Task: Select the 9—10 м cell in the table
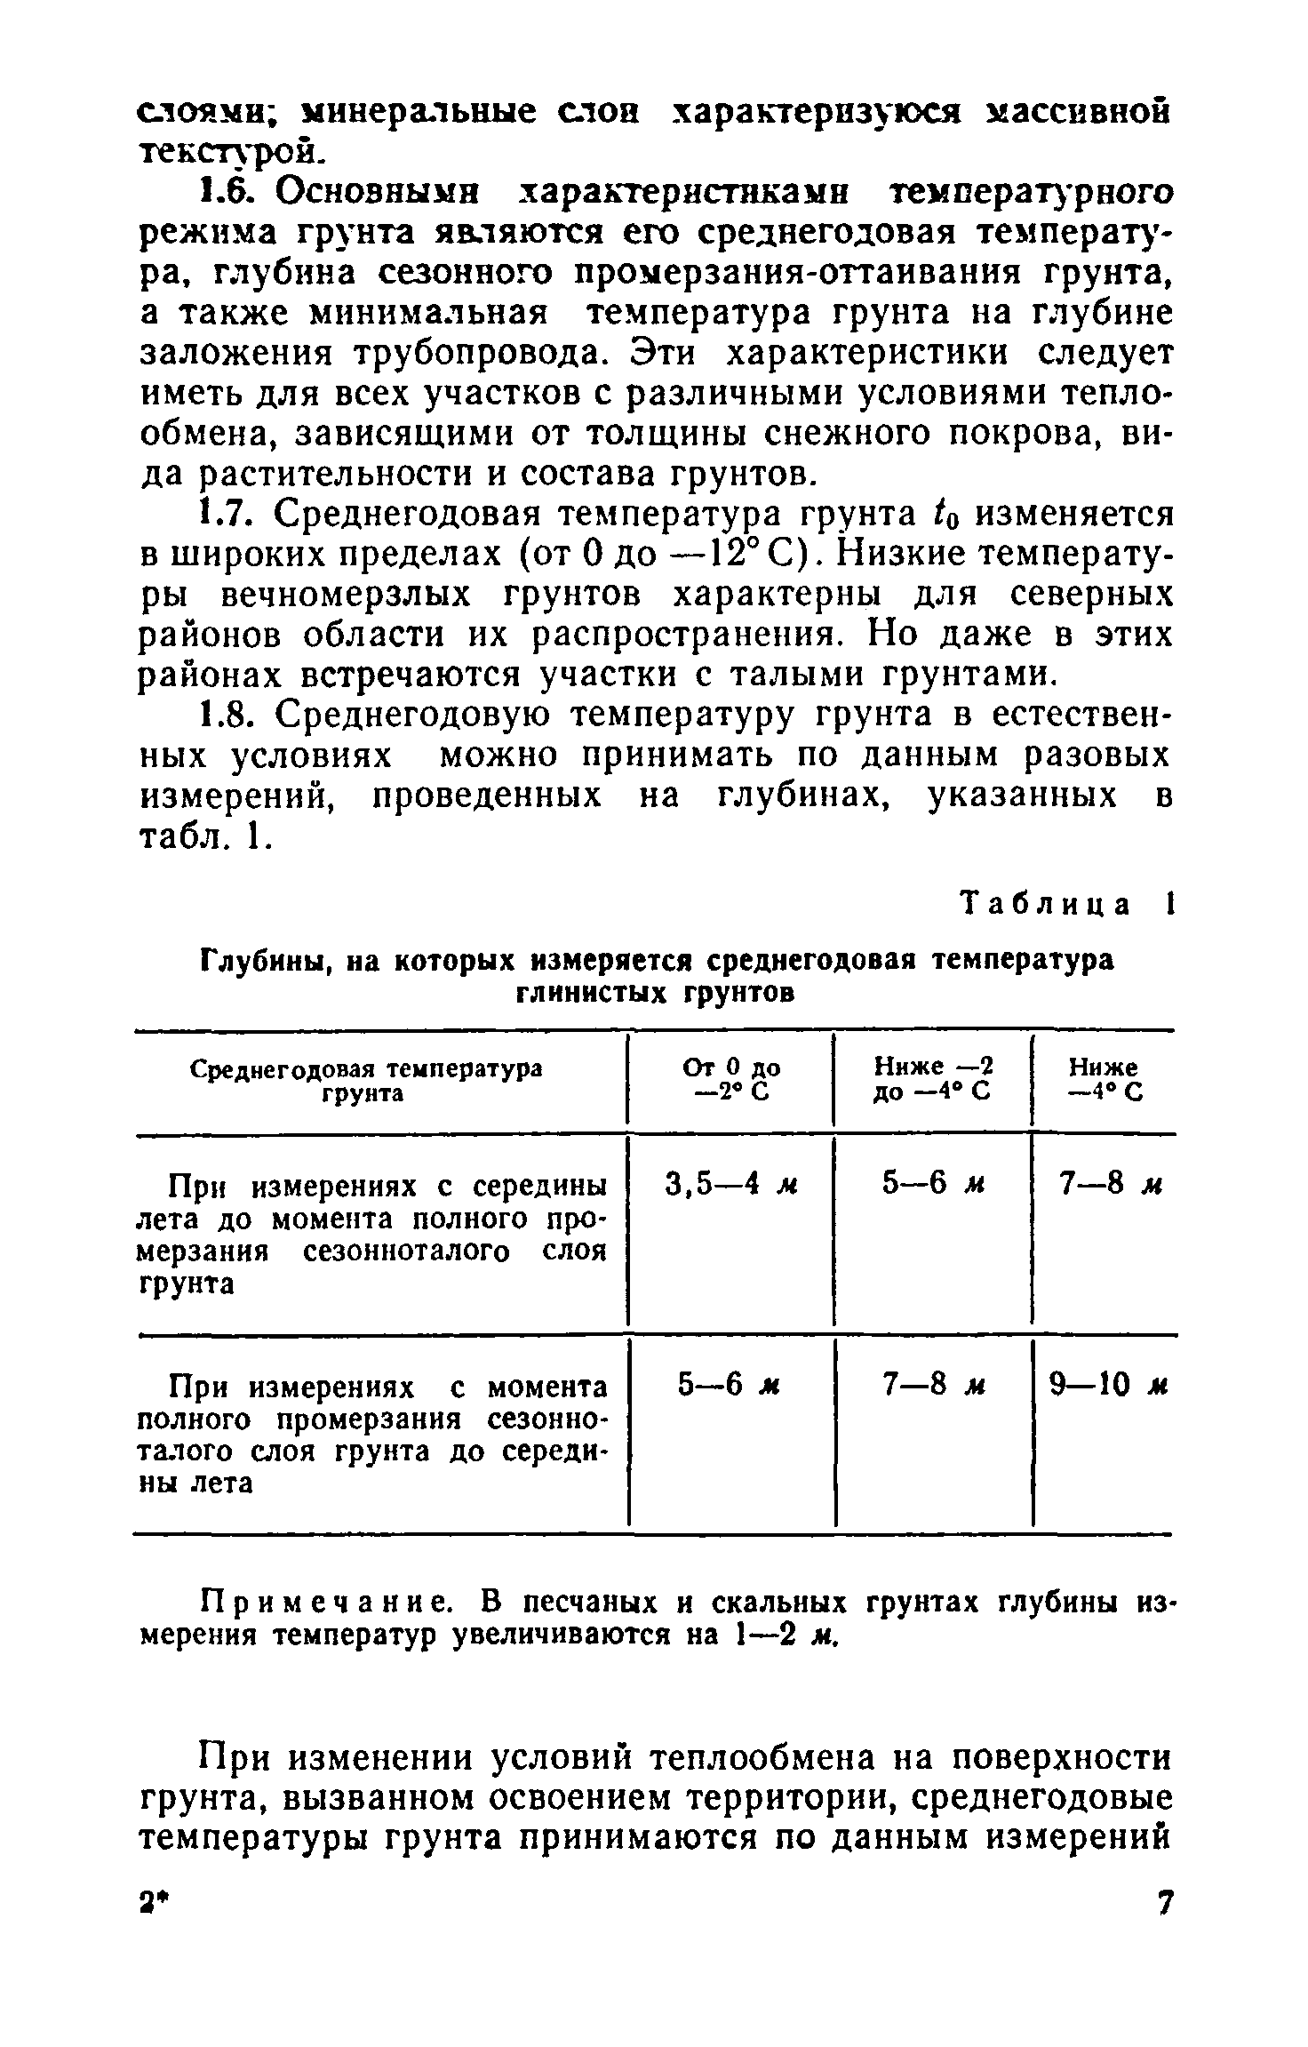tap(1105, 1386)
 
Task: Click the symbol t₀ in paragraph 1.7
tap(932, 515)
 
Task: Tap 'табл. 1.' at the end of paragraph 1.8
tap(199, 836)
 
